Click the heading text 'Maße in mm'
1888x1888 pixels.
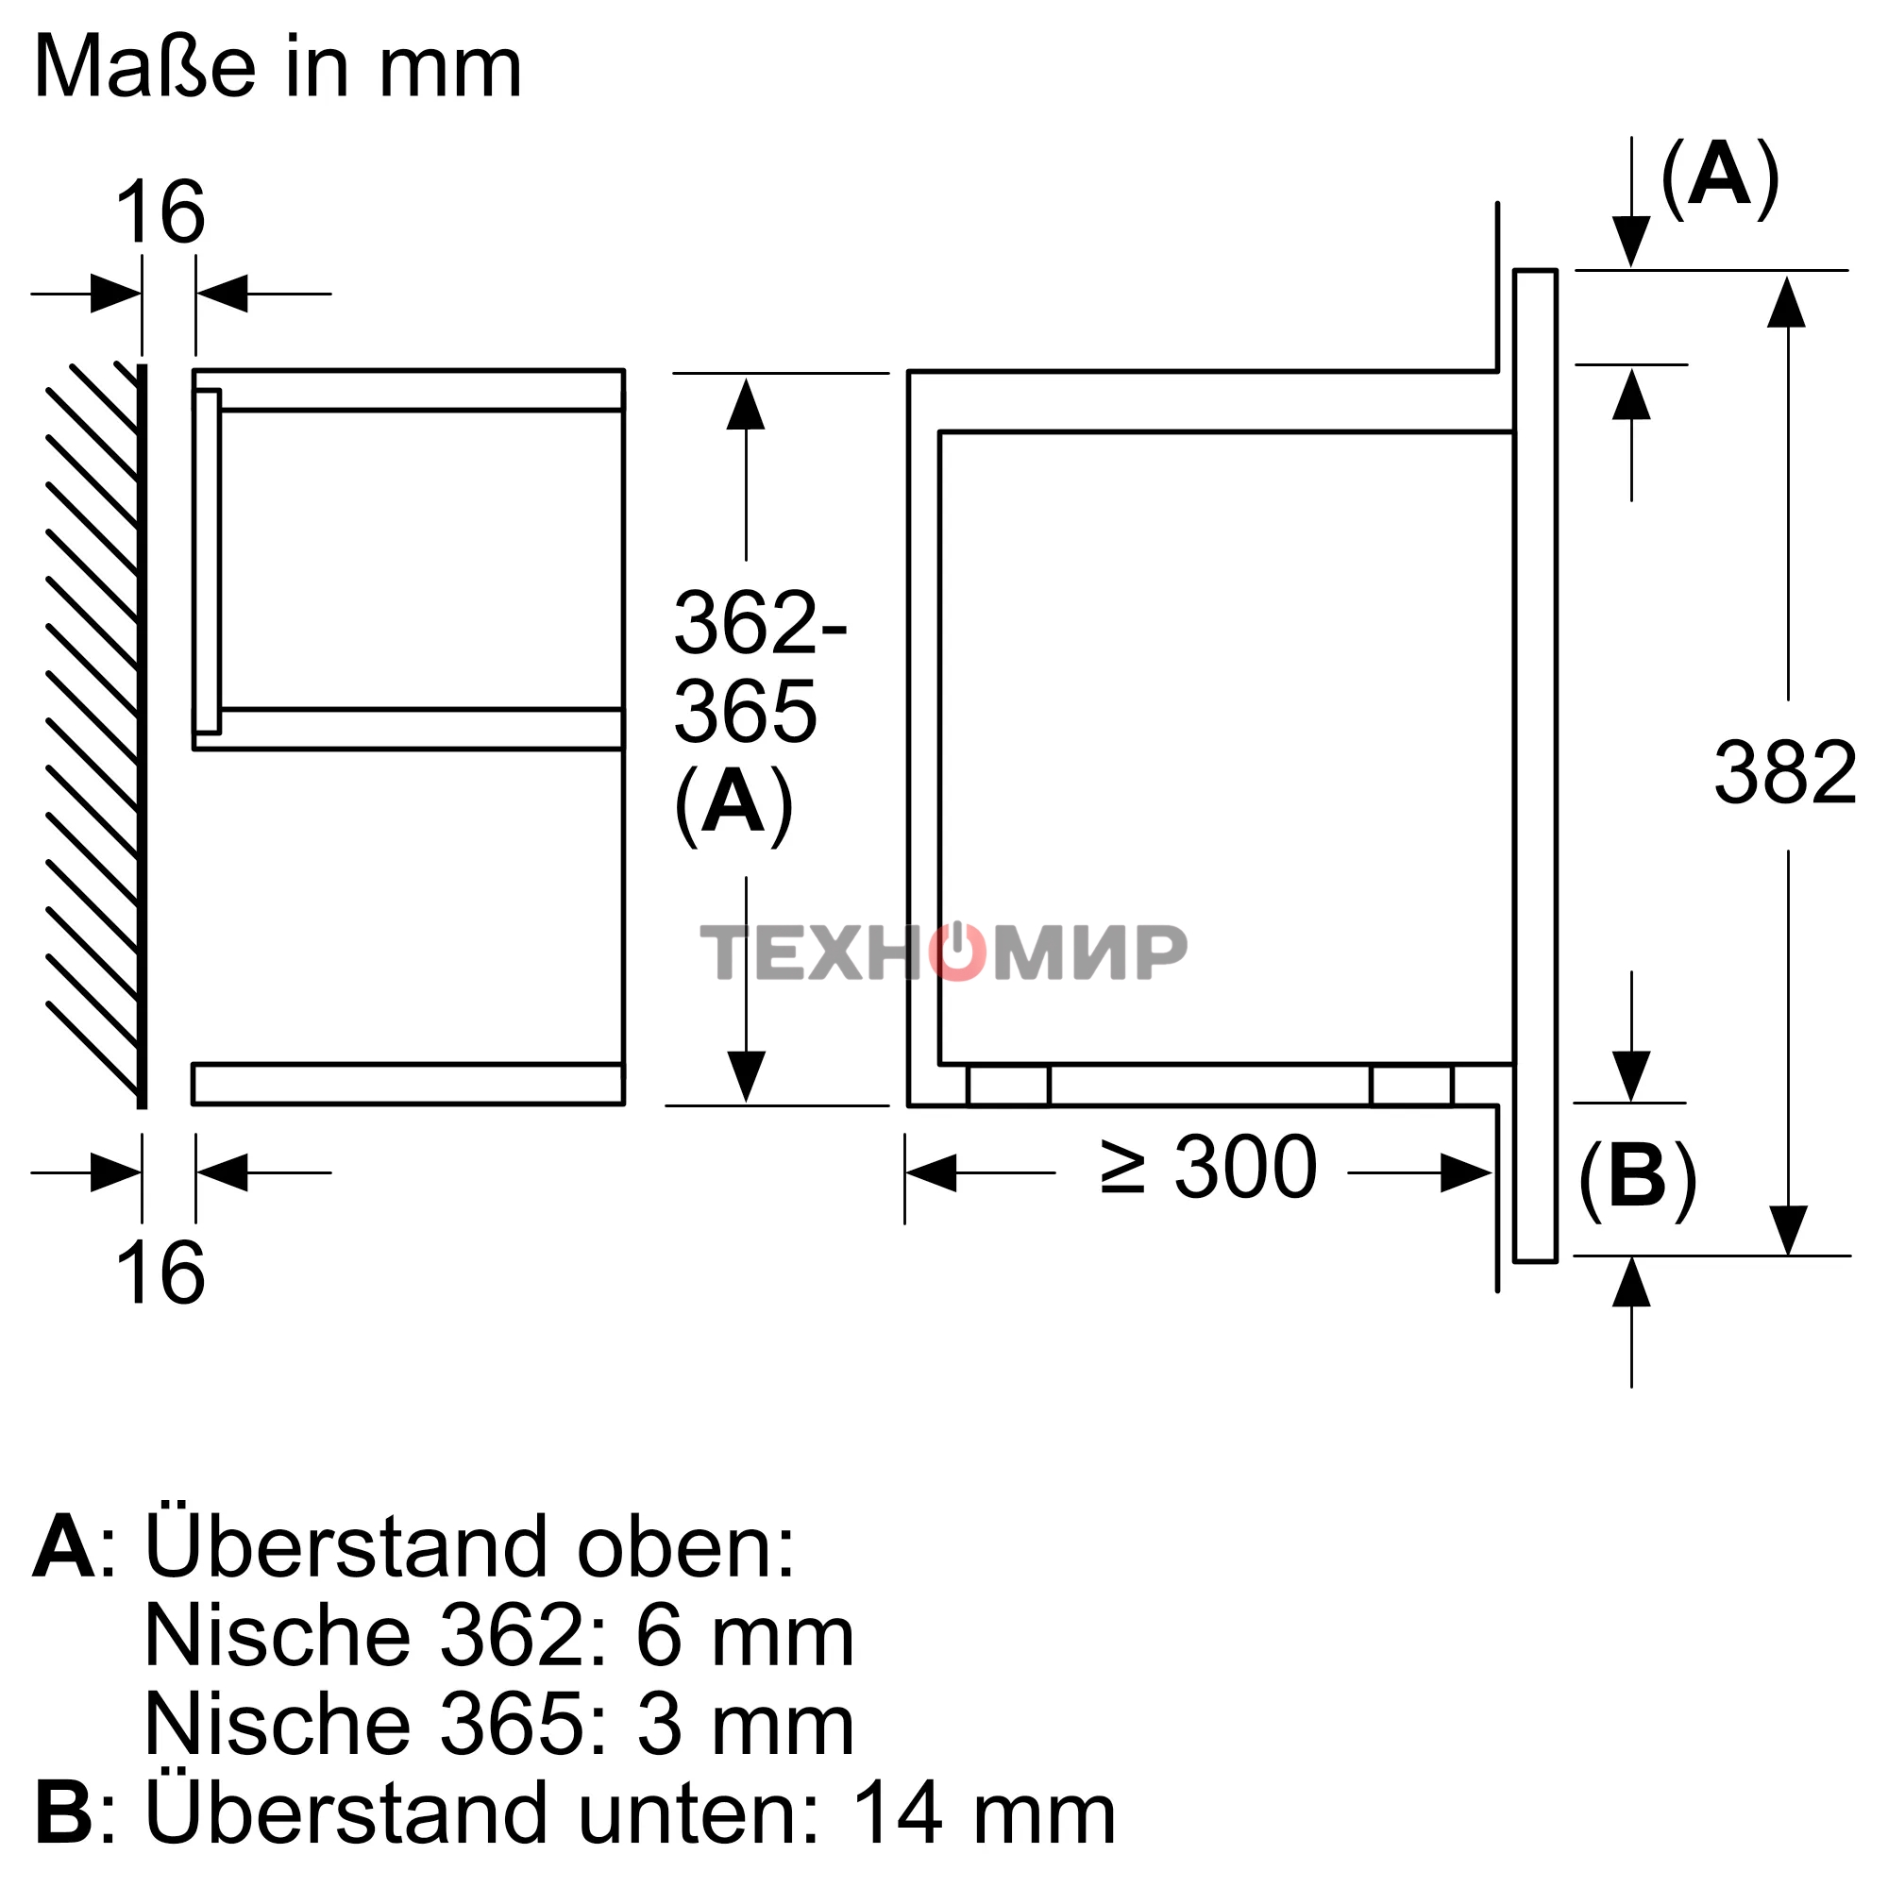pyautogui.click(x=278, y=68)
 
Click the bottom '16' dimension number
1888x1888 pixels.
pyautogui.click(x=160, y=1273)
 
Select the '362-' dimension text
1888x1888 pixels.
pyautogui.click(x=759, y=622)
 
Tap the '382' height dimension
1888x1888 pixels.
pyautogui.click(x=1784, y=774)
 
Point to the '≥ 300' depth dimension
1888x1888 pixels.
pyautogui.click(x=1209, y=1168)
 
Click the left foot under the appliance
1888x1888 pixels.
pyautogui.click(x=1008, y=1086)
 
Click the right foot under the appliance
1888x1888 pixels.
pyautogui.click(x=1411, y=1086)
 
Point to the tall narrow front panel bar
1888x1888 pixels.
pyautogui.click(x=1535, y=766)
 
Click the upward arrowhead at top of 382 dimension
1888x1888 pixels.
pyautogui.click(x=1786, y=303)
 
